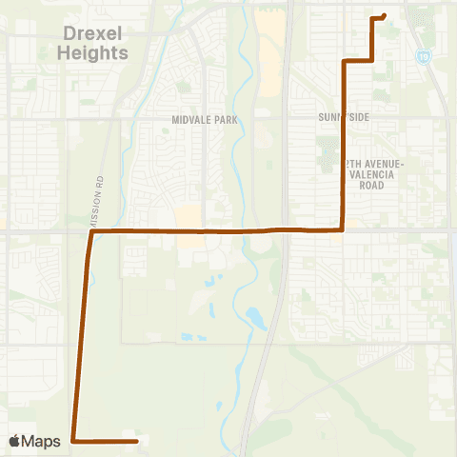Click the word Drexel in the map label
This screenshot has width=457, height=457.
coord(93,34)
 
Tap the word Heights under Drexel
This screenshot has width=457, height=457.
coord(92,52)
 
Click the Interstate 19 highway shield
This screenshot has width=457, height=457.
coord(422,57)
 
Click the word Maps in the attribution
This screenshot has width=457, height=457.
coord(44,441)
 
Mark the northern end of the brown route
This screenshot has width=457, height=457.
coord(383,15)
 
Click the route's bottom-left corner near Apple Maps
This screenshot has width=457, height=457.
coord(73,441)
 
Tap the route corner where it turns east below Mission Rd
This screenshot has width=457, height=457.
coord(91,231)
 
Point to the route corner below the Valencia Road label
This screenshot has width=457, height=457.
coord(343,229)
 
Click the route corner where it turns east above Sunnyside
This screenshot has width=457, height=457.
coord(343,61)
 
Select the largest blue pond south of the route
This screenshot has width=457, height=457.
coord(255,318)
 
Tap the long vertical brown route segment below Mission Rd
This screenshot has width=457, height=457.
coord(83,333)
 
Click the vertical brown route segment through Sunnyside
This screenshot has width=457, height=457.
coord(343,143)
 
